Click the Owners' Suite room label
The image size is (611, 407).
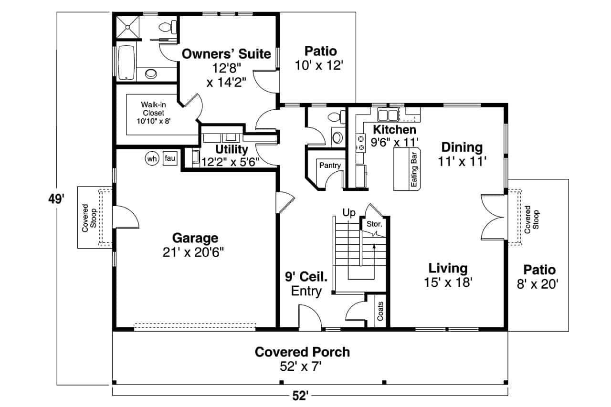pyautogui.click(x=226, y=53)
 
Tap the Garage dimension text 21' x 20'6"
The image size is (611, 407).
pyautogui.click(x=193, y=252)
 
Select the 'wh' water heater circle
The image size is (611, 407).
pyautogui.click(x=152, y=159)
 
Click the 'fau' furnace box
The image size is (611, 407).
pyautogui.click(x=170, y=158)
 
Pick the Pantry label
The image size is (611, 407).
pyautogui.click(x=330, y=166)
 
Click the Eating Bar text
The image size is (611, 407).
pyautogui.click(x=414, y=169)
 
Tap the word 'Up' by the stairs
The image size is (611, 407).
pyautogui.click(x=349, y=213)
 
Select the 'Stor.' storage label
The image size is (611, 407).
pyautogui.click(x=373, y=224)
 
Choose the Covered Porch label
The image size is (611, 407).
pyautogui.click(x=302, y=352)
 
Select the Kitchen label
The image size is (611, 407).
pyautogui.click(x=394, y=129)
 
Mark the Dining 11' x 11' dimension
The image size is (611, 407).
pyautogui.click(x=462, y=161)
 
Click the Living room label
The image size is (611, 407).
pyautogui.click(x=448, y=268)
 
